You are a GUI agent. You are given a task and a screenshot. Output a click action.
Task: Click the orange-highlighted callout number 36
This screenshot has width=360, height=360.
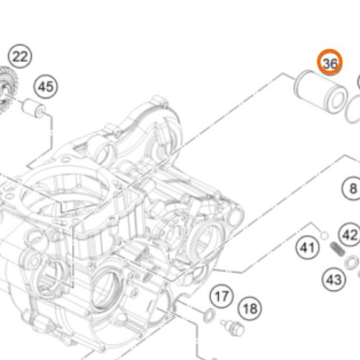coord(330,63)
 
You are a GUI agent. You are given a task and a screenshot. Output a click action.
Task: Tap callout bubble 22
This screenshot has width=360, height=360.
coord(20,56)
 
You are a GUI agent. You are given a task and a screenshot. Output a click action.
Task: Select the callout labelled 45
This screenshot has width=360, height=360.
coord(46,86)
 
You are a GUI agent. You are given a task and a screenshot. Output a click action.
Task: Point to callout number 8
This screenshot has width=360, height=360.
coord(352,189)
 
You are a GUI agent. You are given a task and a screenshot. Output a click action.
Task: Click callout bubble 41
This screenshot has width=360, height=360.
coord(307,247)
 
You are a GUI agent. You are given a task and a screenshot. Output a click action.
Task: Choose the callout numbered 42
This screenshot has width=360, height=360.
coord(349,235)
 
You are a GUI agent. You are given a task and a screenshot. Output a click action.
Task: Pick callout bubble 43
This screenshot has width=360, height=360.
coord(334,279)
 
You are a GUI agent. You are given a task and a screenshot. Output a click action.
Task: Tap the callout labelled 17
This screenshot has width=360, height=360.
coord(222,296)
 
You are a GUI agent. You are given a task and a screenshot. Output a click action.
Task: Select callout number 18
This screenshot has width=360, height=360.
coord(250,308)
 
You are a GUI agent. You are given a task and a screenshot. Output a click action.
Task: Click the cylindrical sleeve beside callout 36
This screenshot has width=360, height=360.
coord(320,91)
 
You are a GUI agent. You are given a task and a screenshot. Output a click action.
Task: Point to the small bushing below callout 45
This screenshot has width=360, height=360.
coord(33,109)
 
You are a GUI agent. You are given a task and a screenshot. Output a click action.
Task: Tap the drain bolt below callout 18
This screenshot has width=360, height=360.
coord(233,328)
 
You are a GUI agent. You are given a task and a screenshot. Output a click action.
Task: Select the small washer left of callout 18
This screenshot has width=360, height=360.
coord(210,315)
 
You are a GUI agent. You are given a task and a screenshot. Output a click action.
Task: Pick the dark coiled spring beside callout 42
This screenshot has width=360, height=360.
coord(338,249)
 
